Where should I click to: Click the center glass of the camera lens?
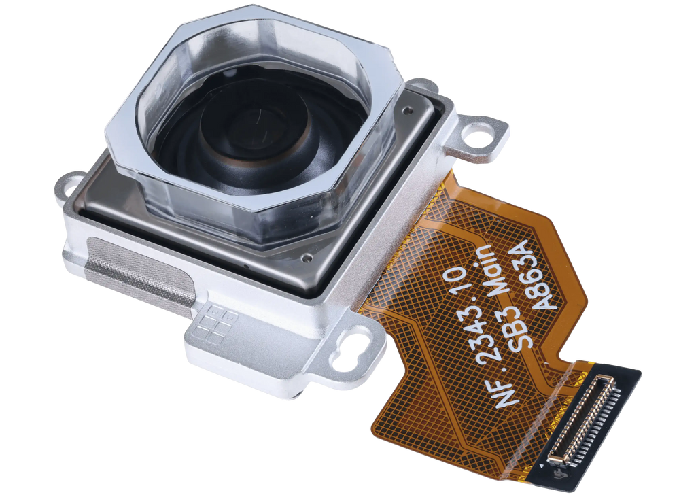[x=256, y=128]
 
